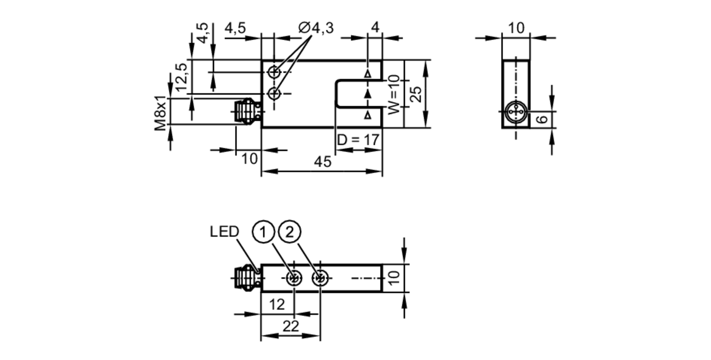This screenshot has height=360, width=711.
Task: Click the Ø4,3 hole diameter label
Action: click(316, 28)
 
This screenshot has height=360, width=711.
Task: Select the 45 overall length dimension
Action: click(322, 162)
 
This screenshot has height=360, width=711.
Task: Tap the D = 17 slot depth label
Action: click(358, 140)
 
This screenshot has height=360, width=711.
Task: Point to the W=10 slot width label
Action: click(394, 95)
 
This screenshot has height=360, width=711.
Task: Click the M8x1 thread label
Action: click(160, 113)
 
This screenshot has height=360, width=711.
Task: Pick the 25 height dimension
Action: click(416, 94)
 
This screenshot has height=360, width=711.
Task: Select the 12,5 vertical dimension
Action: click(181, 77)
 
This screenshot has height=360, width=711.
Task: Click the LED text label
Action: click(224, 232)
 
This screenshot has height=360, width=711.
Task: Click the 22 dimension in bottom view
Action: click(290, 326)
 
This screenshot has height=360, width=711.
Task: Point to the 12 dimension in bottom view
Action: click(277, 305)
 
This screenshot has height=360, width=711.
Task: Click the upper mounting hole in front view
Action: click(274, 72)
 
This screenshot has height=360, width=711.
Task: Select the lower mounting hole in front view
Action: click(274, 94)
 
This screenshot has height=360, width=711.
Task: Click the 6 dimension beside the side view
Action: click(542, 119)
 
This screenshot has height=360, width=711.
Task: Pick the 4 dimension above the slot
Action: click(375, 27)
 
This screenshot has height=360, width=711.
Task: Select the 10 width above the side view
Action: click(516, 28)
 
